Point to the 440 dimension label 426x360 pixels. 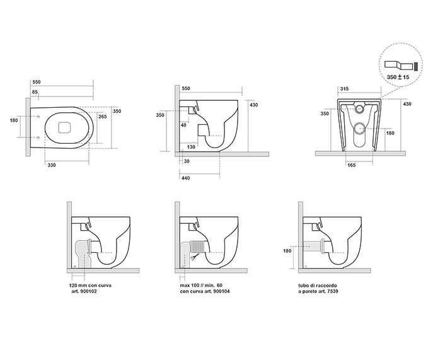186,178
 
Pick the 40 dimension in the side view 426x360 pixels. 185,125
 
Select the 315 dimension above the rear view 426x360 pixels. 344,90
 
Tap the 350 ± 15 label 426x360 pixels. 398,76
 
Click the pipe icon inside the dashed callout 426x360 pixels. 398,64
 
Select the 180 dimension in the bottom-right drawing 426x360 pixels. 288,251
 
